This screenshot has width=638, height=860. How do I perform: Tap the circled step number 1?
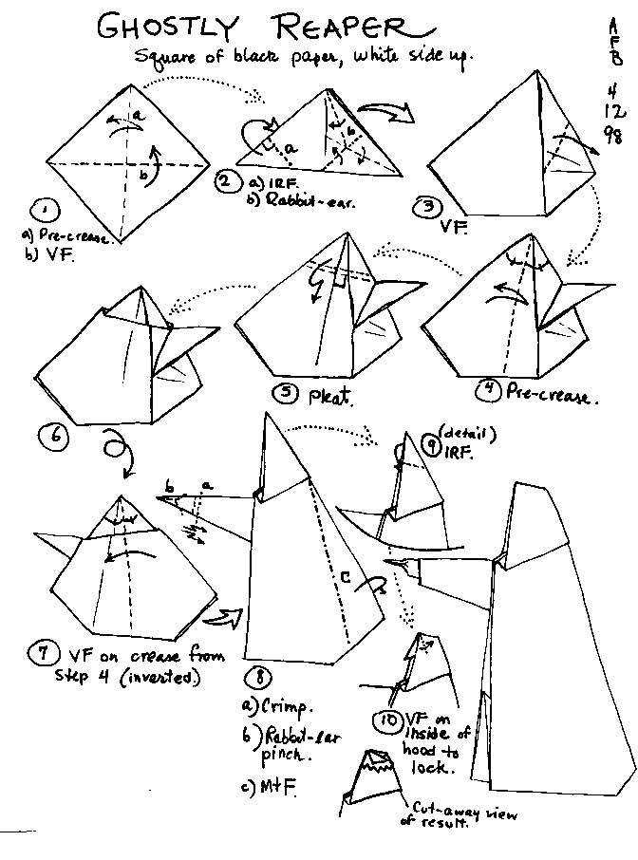pos(45,211)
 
